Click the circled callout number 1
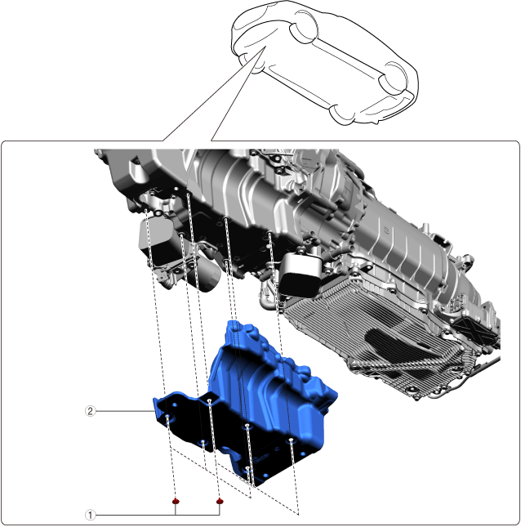(x=90, y=515)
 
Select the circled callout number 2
(x=90, y=411)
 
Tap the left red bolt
(x=176, y=502)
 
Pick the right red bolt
(x=220, y=502)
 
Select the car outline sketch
(x=325, y=63)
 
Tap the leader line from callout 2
(x=124, y=411)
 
